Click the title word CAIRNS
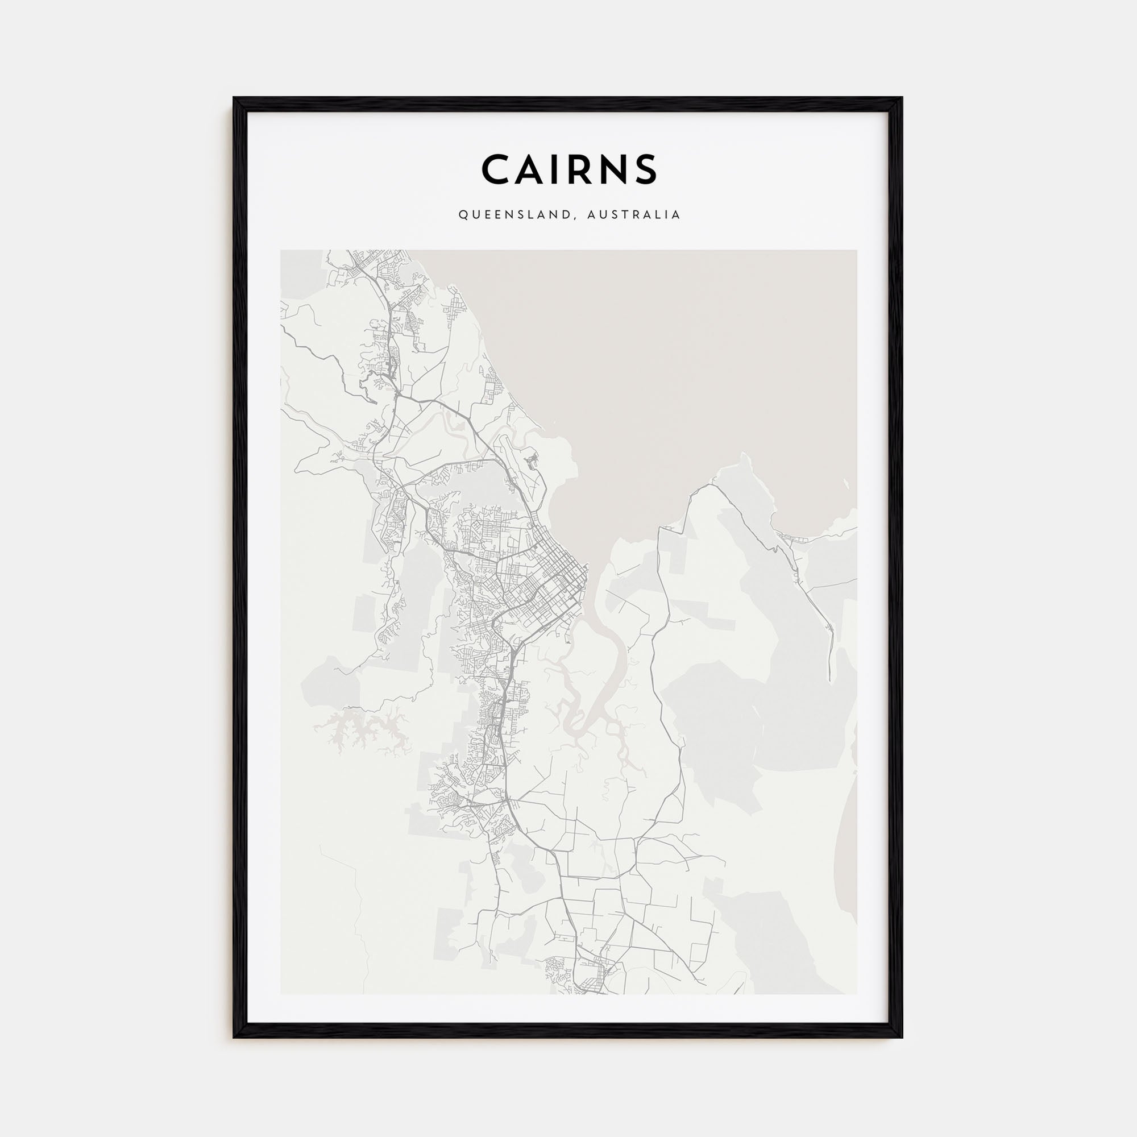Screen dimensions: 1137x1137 (568, 169)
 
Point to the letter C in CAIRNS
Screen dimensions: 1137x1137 (495, 169)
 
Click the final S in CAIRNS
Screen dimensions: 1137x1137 (646, 169)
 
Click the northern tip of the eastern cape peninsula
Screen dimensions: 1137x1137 (744, 456)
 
